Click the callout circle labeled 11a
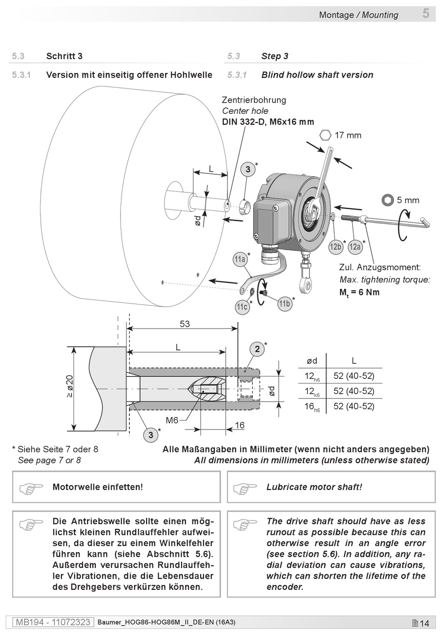[x=240, y=259]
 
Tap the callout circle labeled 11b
[x=285, y=304]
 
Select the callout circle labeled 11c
[x=242, y=307]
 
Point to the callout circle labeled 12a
[x=355, y=247]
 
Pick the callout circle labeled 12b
[x=335, y=247]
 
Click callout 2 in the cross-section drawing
[x=257, y=349]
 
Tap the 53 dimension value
[x=185, y=324]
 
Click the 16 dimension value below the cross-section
[x=240, y=425]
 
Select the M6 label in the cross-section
[x=172, y=420]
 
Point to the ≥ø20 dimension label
[x=70, y=386]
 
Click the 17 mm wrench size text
[x=348, y=135]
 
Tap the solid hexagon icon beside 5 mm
[x=387, y=200]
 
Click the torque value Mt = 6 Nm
[x=359, y=292]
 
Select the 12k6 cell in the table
[x=312, y=391]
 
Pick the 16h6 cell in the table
[x=312, y=407]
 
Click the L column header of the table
[x=354, y=361]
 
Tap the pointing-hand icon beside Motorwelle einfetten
[x=31, y=488]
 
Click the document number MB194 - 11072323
[x=53, y=622]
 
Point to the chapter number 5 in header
[x=426, y=13]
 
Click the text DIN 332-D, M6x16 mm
[x=268, y=122]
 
